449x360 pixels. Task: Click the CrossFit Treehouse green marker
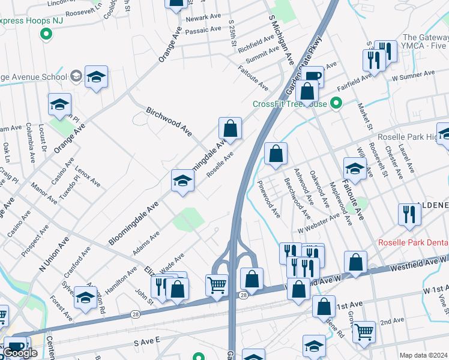pos(336,103)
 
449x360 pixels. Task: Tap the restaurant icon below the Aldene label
pos(409,214)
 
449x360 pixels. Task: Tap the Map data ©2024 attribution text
pos(423,355)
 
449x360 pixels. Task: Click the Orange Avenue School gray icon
pos(76,76)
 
